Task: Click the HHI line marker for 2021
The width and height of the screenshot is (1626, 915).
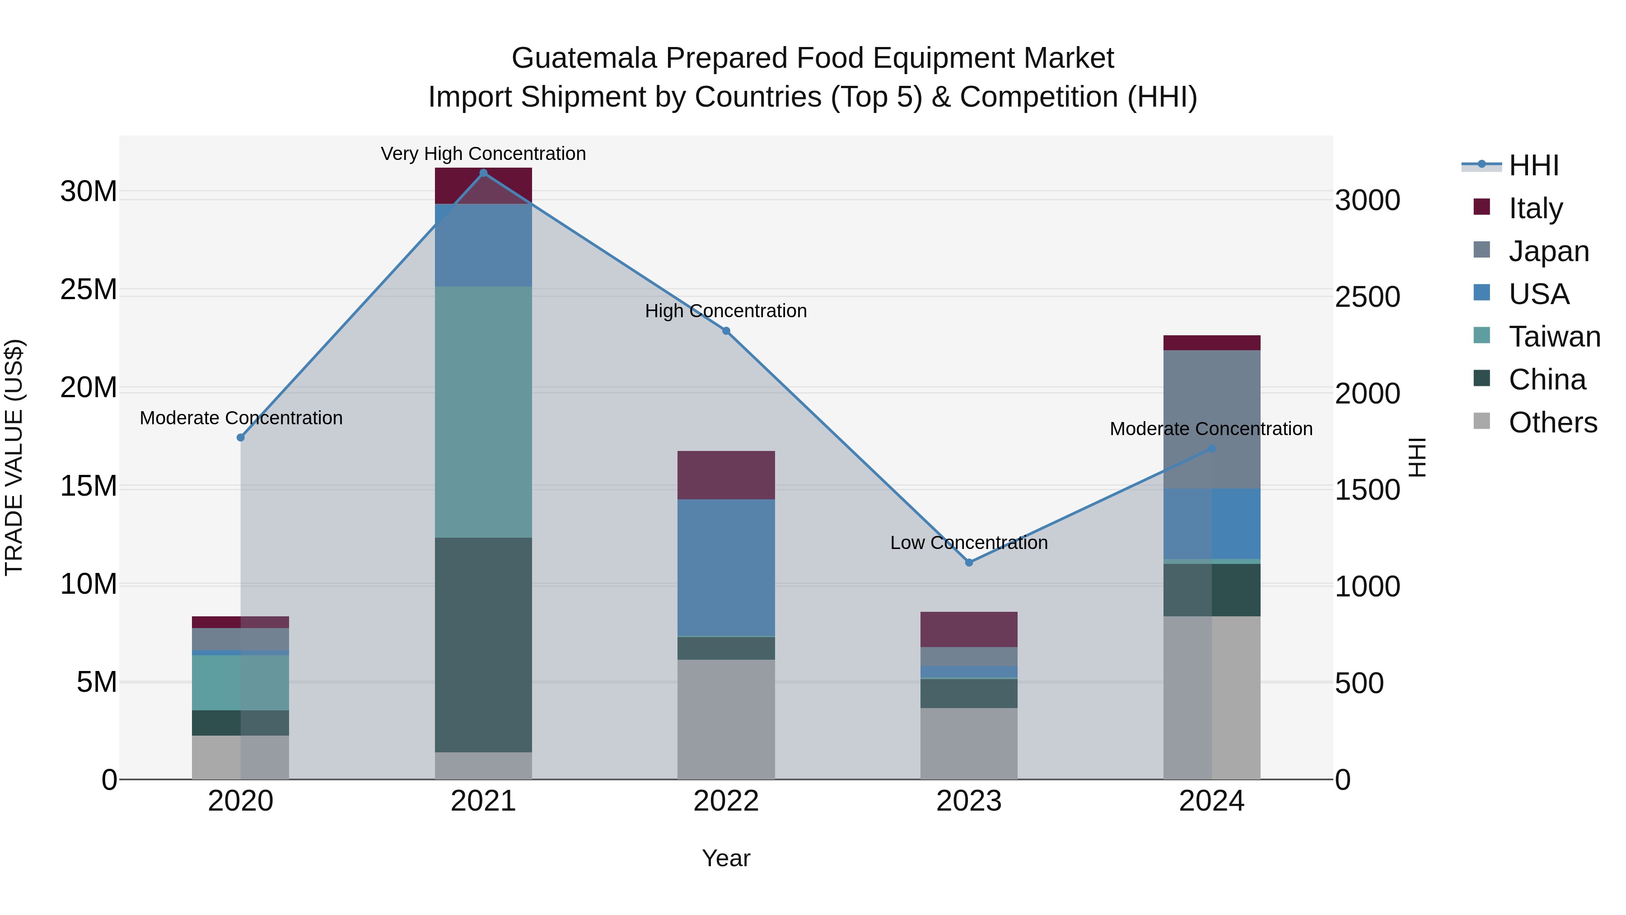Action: point(483,173)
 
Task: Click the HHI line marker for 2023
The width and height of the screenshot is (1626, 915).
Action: point(969,563)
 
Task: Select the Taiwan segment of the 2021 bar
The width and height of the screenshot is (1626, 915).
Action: point(483,412)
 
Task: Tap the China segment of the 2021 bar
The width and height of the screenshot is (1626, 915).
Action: point(483,644)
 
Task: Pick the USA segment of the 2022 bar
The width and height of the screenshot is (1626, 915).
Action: point(726,567)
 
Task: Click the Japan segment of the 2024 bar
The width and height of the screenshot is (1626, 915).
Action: point(1211,419)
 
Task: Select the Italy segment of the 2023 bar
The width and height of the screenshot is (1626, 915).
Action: point(969,629)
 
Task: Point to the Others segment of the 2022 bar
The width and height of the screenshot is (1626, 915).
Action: point(726,719)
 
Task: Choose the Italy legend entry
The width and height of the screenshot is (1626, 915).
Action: point(1535,208)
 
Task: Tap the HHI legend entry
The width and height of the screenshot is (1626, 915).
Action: point(1533,165)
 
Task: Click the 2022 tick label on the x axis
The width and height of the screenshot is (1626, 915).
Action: point(726,801)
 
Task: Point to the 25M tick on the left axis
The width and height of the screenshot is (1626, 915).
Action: point(89,290)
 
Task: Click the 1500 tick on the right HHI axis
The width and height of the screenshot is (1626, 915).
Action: point(1367,490)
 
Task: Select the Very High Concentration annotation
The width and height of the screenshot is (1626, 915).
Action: point(483,154)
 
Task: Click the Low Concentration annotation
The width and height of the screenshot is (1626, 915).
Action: point(969,542)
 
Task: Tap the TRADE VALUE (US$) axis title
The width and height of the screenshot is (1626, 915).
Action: point(14,457)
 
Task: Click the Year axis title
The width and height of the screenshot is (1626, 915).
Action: point(726,858)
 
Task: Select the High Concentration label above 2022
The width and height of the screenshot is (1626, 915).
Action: point(726,311)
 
